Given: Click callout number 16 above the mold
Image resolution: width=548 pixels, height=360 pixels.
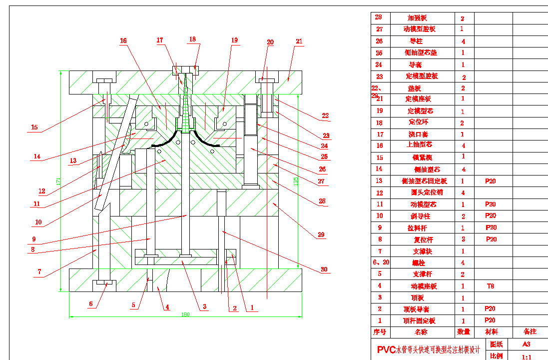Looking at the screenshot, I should point(123,41).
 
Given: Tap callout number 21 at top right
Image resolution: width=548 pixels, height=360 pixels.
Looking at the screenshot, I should point(299,41).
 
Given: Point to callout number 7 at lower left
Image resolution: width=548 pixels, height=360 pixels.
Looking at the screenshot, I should point(39,272).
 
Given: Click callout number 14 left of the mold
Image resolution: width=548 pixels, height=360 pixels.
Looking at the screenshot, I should point(37,156).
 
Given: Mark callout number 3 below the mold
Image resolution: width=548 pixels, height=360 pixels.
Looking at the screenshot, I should point(204,306).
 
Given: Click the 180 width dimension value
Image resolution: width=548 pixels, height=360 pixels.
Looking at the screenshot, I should point(185,314).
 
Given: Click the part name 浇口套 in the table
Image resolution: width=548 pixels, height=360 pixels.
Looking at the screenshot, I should point(419,134).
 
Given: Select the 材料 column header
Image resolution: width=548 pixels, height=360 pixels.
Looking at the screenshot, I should point(492,331).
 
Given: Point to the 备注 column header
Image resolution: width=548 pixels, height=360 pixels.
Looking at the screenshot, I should point(530,331).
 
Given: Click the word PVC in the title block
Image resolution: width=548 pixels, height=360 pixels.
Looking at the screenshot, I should point(386,349).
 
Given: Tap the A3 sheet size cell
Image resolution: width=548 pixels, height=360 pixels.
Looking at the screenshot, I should point(526,344).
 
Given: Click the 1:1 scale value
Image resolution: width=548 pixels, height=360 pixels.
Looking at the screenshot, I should point(526,357).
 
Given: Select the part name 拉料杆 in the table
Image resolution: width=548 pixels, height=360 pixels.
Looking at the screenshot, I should point(417,227).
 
